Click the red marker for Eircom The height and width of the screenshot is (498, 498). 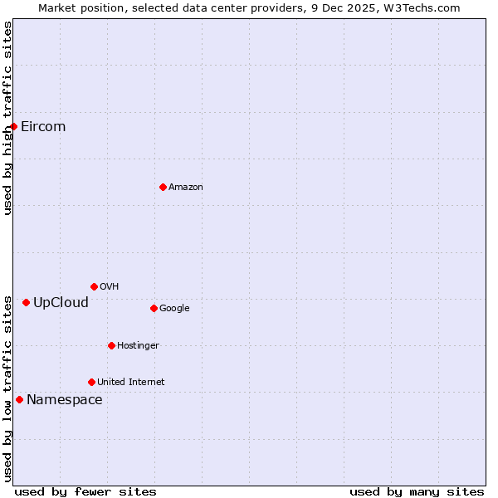(14, 126)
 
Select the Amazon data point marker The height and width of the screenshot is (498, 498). (163, 187)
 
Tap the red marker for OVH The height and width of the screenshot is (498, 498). (94, 286)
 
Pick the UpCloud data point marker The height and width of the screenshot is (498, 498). (26, 302)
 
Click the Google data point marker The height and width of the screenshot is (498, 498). (154, 308)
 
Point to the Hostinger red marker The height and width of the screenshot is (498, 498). (111, 345)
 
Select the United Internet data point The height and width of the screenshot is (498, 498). (91, 382)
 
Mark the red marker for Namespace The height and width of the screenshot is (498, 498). (19, 399)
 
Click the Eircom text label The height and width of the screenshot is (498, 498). (43, 127)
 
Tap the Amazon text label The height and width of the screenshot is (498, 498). (186, 188)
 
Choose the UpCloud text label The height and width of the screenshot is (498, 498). (61, 302)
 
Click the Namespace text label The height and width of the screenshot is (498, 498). (65, 400)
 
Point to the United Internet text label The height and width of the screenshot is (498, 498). (131, 383)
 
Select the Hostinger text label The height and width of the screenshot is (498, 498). (138, 346)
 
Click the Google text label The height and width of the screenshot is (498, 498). (174, 309)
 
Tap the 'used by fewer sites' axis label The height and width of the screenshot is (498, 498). (85, 491)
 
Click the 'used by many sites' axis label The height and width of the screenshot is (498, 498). (417, 491)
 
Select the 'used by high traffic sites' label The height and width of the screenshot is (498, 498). (7, 118)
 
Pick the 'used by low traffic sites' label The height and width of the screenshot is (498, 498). (7, 388)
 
